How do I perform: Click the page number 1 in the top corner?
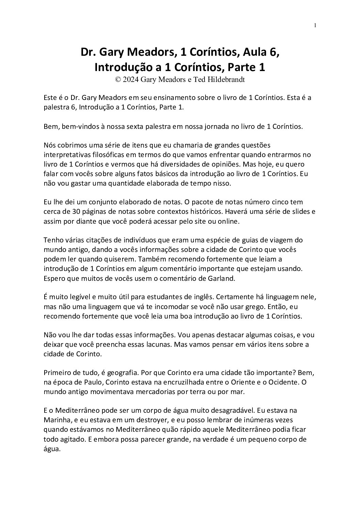coord(315,26)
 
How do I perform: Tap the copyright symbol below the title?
coord(118,79)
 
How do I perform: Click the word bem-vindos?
coord(74,126)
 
